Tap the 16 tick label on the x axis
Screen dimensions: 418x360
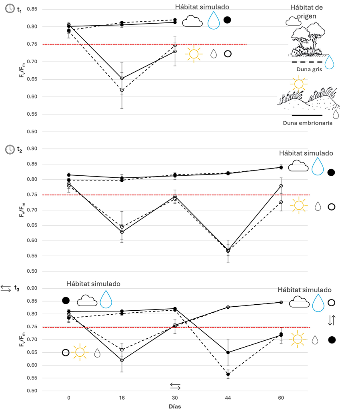[x=122, y=398]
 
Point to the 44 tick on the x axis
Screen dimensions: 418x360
[x=228, y=398]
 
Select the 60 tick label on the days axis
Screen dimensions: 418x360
[x=281, y=398]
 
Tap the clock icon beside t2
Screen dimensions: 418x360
[x=9, y=149]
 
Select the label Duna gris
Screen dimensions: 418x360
[x=306, y=69]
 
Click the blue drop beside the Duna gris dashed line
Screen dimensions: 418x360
[x=329, y=62]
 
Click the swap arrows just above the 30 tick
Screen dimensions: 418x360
[x=175, y=386]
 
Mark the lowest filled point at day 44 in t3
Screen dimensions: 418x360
[x=228, y=374]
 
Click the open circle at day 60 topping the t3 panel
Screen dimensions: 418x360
[x=281, y=302]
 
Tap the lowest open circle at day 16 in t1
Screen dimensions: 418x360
[x=122, y=90]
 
